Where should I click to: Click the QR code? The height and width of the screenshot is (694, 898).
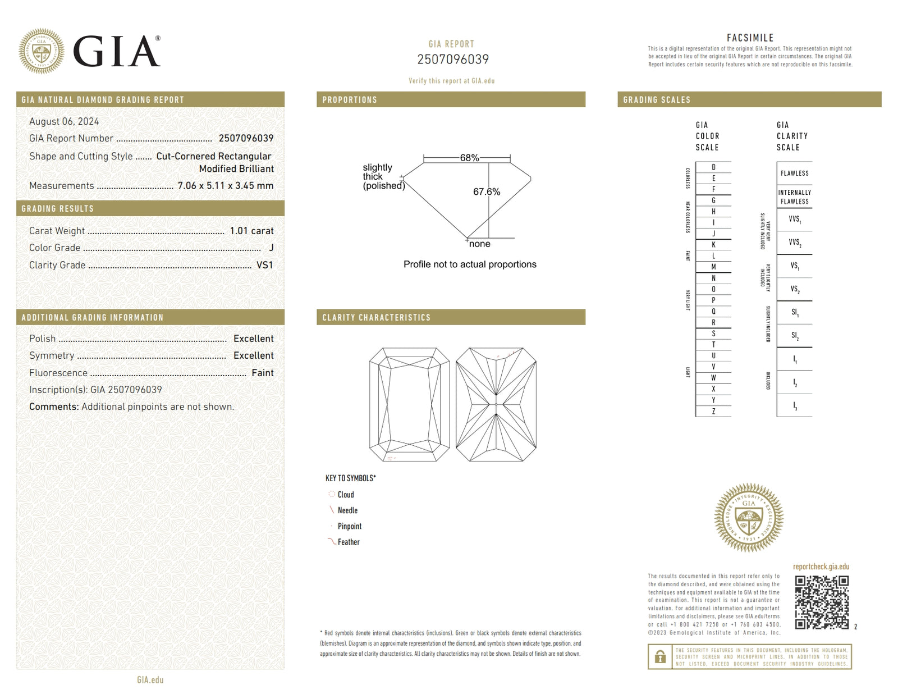point(822,602)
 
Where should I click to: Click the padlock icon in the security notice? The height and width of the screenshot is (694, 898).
point(661,656)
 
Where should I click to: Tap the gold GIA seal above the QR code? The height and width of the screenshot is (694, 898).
point(749,517)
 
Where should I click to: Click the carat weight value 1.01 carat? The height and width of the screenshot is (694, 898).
point(251,231)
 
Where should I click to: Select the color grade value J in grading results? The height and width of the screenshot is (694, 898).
point(271,248)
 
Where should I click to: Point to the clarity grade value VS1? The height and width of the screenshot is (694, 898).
point(264,265)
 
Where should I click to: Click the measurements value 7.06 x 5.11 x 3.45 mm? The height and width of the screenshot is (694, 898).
point(226,186)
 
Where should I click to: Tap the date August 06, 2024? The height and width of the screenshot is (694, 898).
point(64,121)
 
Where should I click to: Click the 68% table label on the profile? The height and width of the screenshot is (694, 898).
point(469,158)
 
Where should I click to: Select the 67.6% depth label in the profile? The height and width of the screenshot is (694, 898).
point(486,191)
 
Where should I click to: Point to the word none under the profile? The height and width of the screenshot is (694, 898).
point(479,244)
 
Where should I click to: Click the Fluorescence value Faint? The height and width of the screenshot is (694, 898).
point(262,373)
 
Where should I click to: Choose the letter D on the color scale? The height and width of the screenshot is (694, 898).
point(713,167)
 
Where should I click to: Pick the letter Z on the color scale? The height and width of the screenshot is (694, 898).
point(713,412)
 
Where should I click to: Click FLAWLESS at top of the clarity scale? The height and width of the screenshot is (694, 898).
point(794,174)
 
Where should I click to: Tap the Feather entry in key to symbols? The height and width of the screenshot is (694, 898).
point(348,542)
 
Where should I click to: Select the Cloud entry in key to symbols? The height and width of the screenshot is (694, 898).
point(345,495)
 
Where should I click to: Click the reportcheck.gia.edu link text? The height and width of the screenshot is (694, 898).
point(821,567)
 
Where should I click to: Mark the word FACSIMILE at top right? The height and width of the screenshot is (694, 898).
point(750,38)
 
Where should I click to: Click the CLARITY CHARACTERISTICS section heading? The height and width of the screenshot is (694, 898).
point(376,317)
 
